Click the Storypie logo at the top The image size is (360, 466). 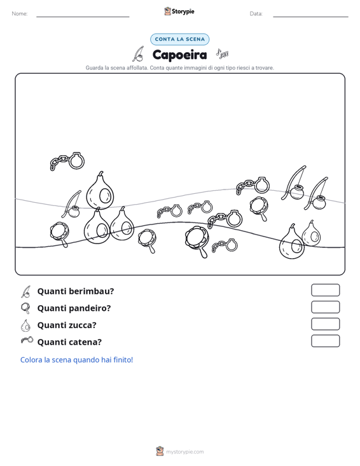(x=179, y=11)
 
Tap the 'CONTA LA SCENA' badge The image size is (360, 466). (x=179, y=39)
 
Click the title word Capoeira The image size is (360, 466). (x=179, y=55)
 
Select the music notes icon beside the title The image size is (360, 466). (x=222, y=53)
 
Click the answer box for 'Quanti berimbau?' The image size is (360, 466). (x=325, y=290)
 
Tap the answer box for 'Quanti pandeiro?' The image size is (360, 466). (x=325, y=307)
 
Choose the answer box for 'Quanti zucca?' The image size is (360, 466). (x=325, y=324)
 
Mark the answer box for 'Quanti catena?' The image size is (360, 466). (x=325, y=341)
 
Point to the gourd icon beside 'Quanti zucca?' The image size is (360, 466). (x=25, y=326)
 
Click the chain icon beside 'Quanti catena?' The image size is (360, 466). (x=27, y=340)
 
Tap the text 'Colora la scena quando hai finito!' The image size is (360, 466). (x=76, y=360)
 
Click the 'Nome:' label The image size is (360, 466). (x=20, y=14)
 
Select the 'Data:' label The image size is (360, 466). (x=256, y=14)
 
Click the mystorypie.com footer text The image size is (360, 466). (x=184, y=452)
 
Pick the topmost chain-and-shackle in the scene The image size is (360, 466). (x=68, y=161)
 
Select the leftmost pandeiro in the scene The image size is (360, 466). (x=60, y=234)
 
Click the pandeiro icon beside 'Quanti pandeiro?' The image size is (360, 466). (x=25, y=308)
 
